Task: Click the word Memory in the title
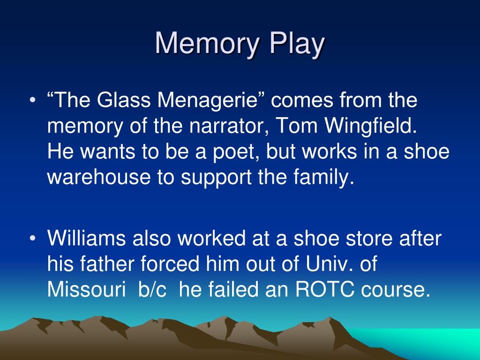[x=206, y=45]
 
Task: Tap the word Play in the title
[x=296, y=45]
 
